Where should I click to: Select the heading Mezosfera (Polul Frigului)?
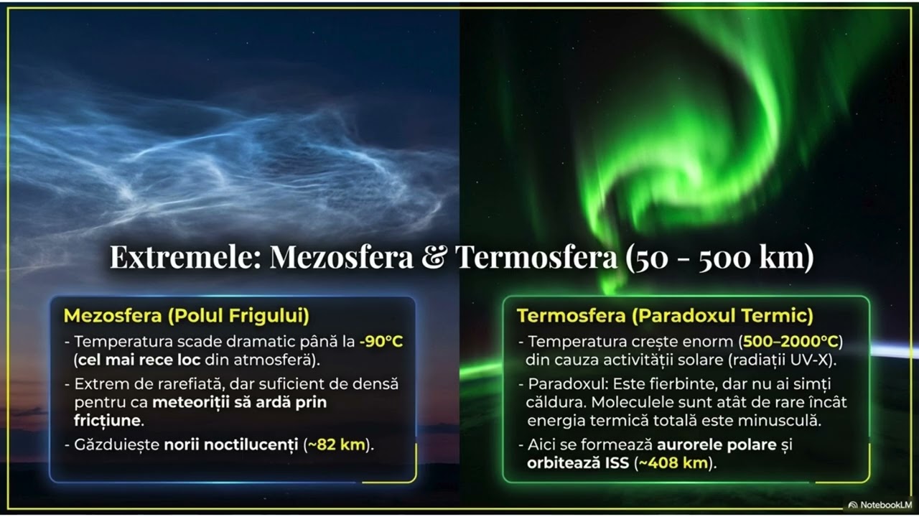187,316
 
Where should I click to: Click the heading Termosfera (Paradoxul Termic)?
665,316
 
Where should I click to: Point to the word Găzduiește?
116,444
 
